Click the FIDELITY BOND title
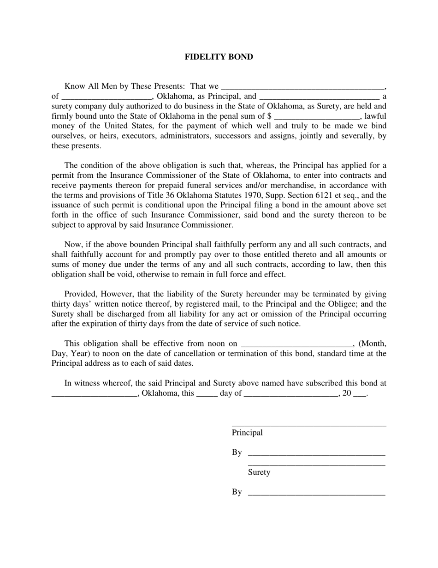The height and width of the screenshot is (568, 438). click(219, 57)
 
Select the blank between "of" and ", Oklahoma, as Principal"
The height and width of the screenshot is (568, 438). click(106, 97)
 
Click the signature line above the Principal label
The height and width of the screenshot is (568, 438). click(309, 425)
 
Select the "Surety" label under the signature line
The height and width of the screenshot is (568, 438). click(259, 472)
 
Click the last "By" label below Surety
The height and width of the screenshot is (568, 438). click(237, 492)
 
